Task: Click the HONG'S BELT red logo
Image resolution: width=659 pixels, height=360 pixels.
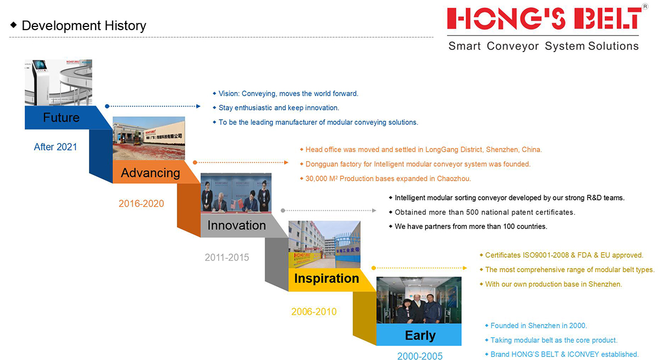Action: pyautogui.click(x=544, y=18)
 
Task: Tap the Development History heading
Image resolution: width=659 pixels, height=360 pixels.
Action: pyautogui.click(x=84, y=26)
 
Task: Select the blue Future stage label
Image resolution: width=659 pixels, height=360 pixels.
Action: pyautogui.click(x=61, y=117)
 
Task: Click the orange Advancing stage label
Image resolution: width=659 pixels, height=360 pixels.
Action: pyautogui.click(x=150, y=173)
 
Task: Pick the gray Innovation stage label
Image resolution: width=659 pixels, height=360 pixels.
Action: pyautogui.click(x=237, y=226)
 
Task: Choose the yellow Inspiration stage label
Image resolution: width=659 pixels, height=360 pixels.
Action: pyautogui.click(x=327, y=278)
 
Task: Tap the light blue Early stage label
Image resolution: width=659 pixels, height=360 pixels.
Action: pyautogui.click(x=420, y=335)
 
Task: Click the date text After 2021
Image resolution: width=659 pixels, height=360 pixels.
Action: pyautogui.click(x=55, y=147)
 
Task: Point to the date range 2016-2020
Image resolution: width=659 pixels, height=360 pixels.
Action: pyautogui.click(x=141, y=204)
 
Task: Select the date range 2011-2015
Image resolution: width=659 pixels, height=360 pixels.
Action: pyautogui.click(x=227, y=257)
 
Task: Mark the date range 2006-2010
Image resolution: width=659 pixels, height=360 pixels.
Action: pyautogui.click(x=314, y=312)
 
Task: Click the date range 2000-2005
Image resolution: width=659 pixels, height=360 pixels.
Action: pyautogui.click(x=420, y=356)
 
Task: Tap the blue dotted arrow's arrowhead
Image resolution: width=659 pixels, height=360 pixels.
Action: pyautogui.click(x=199, y=106)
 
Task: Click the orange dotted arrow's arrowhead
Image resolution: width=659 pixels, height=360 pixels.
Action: pyautogui.click(x=286, y=162)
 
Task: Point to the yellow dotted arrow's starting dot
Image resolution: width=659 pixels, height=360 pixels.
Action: pyautogui.click(x=373, y=268)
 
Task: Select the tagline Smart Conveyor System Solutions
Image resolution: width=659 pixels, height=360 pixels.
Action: pyautogui.click(x=543, y=46)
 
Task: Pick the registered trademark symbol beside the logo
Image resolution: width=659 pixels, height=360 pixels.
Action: pyautogui.click(x=645, y=7)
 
